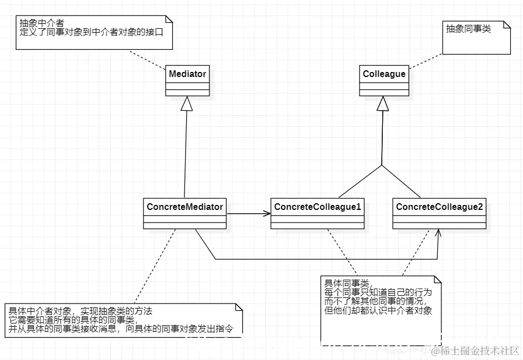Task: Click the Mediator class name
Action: (x=187, y=74)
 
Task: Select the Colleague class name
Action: (x=384, y=74)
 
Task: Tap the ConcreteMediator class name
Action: (x=184, y=207)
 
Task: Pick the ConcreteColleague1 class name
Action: (x=317, y=207)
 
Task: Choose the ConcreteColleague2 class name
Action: (x=439, y=207)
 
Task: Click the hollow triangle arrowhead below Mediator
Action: (x=187, y=103)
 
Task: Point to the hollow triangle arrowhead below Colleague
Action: (x=381, y=103)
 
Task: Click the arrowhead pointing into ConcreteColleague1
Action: (x=266, y=213)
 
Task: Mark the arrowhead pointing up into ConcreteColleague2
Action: (x=438, y=234)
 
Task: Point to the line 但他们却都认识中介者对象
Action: (x=378, y=311)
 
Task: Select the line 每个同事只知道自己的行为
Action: (x=377, y=292)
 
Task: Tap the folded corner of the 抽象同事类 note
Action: (x=505, y=27)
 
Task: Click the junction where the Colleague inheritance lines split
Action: (x=381, y=164)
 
